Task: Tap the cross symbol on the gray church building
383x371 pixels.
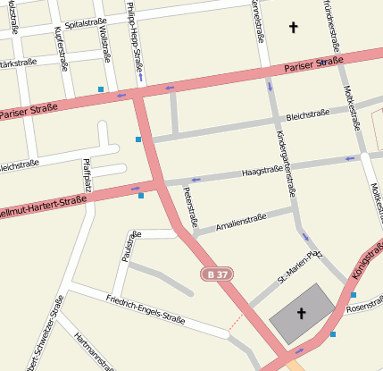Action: click(301, 314)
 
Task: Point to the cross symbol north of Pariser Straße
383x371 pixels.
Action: click(293, 29)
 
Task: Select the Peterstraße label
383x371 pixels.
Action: click(189, 206)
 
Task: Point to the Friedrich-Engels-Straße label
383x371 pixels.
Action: click(145, 308)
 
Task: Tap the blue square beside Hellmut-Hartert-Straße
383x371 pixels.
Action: click(140, 195)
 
